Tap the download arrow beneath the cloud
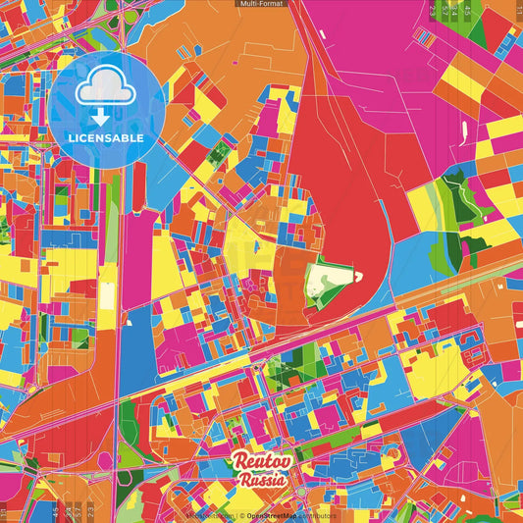pyautogui.click(x=102, y=117)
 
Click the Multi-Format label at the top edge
pyautogui.click(x=261, y=4)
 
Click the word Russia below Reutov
pyautogui.click(x=262, y=481)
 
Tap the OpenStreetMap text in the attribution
pyautogui.click(x=272, y=514)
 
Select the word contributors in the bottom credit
pyautogui.click(x=317, y=514)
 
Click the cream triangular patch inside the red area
pyautogui.click(x=329, y=281)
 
